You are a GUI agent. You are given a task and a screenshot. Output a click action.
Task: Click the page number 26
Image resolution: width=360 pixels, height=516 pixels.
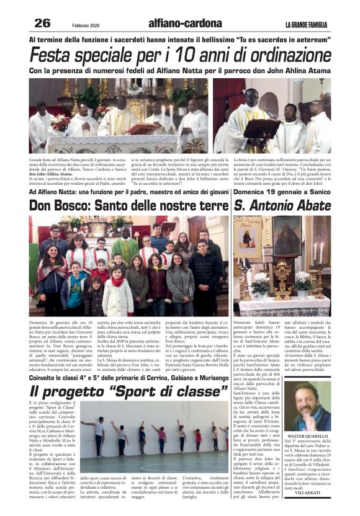click(42, 23)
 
